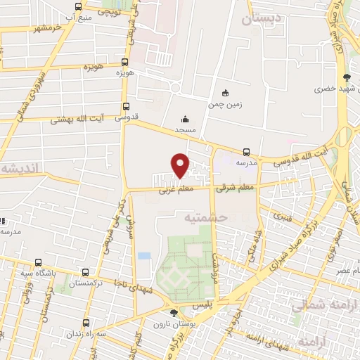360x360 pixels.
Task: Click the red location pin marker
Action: [181, 165]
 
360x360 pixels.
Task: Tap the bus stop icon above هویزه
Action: [125, 62]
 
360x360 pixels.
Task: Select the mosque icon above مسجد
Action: [185, 119]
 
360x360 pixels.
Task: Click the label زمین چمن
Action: [225, 104]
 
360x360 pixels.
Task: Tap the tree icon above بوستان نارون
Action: [174, 313]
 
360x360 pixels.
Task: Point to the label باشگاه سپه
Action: [34, 274]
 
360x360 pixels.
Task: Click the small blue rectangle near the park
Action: [144, 255]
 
